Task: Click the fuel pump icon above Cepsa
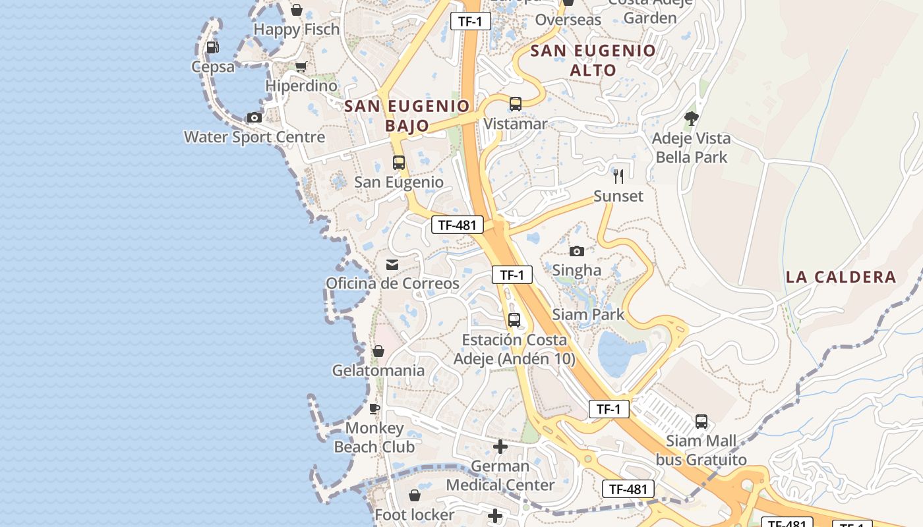212,47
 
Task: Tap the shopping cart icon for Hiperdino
301,67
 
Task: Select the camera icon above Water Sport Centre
254,118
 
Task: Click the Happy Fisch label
297,30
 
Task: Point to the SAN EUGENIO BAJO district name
407,115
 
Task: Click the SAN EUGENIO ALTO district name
593,60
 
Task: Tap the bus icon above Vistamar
516,104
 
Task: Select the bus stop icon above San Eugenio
399,163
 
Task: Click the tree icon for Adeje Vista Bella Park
691,119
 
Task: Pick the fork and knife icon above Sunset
618,177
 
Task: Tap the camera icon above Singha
577,251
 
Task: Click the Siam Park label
588,314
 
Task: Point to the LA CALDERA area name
841,277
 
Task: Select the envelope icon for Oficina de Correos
392,264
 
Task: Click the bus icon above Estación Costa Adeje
514,320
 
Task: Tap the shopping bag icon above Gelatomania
378,351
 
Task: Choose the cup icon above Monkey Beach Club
374,408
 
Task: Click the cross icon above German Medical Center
500,447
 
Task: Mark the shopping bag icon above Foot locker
415,495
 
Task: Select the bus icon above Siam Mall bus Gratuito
701,421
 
